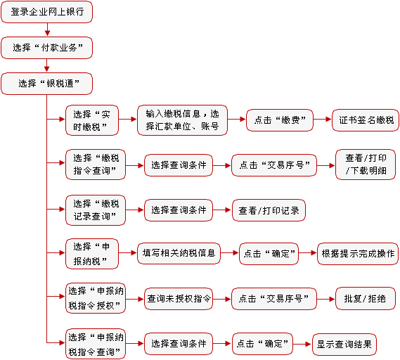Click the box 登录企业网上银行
point(46,12)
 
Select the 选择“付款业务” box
point(46,48)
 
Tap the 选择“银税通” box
point(46,84)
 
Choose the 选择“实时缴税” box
point(92,120)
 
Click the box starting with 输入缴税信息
point(182,120)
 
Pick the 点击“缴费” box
point(280,120)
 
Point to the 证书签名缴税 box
point(366,120)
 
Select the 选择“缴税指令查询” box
point(96,165)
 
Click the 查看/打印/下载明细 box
point(366,165)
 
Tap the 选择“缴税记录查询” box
point(96,210)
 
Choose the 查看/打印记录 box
point(269,210)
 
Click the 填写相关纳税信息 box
point(179,253)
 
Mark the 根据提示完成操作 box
point(358,254)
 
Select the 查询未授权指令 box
point(179,299)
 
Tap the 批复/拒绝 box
point(366,299)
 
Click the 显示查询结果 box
point(344,345)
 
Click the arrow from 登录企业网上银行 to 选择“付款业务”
point(47,30)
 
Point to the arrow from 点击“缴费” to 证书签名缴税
point(323,119)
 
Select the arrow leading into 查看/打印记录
point(222,210)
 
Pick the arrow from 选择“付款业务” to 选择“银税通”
point(46,65)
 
